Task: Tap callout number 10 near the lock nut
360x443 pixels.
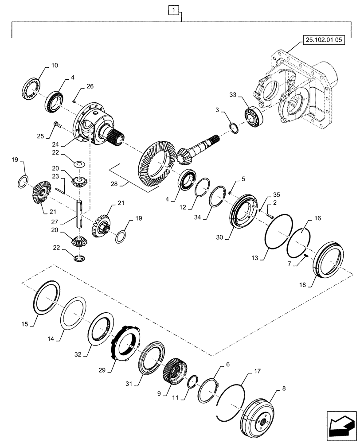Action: coord(54,66)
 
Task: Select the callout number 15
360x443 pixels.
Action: coord(24,324)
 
